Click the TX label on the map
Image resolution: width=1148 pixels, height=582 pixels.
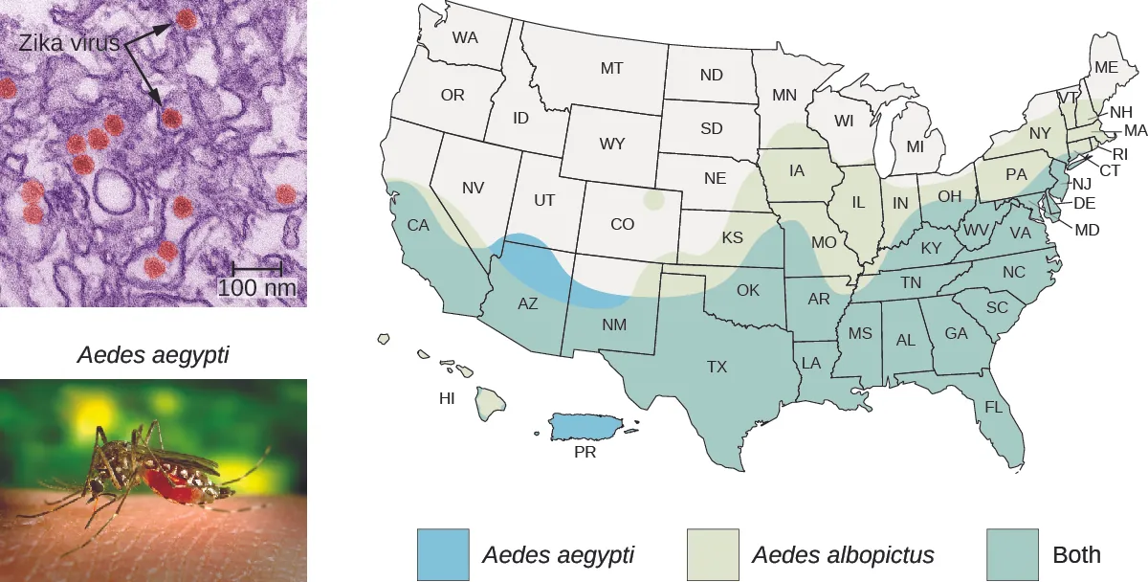(717, 366)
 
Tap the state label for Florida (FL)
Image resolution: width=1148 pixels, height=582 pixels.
(994, 407)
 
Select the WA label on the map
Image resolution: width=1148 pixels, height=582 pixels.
(465, 38)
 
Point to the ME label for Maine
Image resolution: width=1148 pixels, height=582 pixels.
(1106, 67)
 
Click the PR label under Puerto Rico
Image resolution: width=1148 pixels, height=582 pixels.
(585, 453)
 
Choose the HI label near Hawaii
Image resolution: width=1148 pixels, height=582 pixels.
(447, 399)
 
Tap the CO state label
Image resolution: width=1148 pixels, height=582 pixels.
(622, 225)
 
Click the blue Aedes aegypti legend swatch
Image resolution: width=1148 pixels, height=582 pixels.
(444, 554)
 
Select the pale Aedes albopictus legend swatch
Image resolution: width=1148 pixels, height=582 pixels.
(714, 554)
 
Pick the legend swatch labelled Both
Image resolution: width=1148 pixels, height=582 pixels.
(1014, 554)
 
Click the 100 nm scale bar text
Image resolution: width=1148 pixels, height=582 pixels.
(256, 287)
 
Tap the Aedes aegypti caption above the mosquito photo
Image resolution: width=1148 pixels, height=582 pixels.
(153, 357)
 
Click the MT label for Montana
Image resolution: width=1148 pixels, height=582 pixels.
(611, 69)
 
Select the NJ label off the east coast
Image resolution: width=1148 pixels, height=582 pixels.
(1082, 185)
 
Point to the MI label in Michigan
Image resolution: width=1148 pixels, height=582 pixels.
(915, 147)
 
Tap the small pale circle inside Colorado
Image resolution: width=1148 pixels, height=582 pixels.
(654, 201)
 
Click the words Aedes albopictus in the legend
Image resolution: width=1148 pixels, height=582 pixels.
(843, 555)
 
